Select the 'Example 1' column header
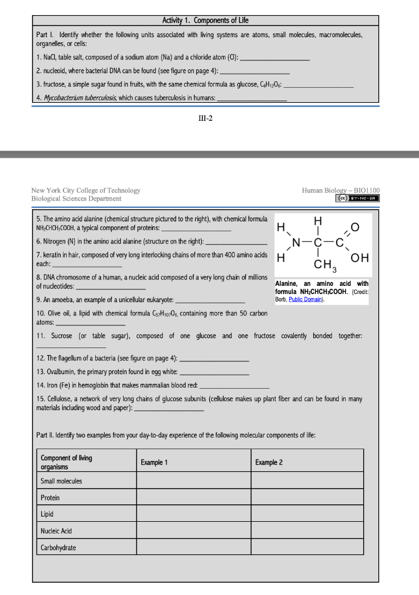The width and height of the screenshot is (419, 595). [x=154, y=462]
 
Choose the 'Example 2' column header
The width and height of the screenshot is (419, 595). [x=268, y=462]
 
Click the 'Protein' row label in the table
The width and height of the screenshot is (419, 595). [x=50, y=498]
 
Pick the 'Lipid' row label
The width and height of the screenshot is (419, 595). [x=48, y=514]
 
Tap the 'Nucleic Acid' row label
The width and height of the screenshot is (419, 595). [x=56, y=531]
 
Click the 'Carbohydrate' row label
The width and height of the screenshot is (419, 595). [x=58, y=547]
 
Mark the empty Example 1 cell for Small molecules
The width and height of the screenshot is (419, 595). [x=194, y=481]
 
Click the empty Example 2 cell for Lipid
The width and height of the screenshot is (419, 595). [x=307, y=514]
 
